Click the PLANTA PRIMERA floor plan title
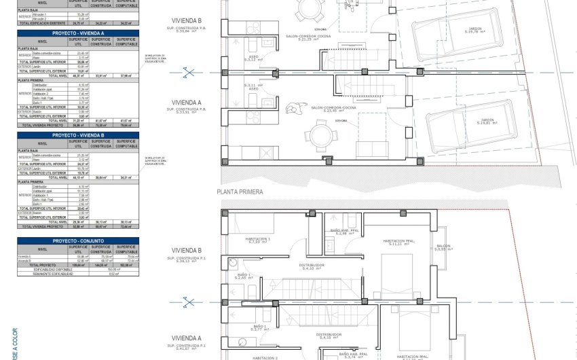[240, 192]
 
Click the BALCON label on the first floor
[443, 247]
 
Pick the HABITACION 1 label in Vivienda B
[259, 239]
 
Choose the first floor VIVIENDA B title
[187, 249]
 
